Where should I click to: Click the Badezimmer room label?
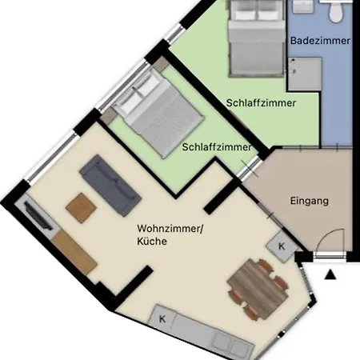coord(320,41)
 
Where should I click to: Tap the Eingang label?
coord(309,201)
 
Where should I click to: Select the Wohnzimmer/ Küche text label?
coord(170,234)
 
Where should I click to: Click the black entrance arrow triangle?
coord(330,274)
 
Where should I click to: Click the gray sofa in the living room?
coord(110,186)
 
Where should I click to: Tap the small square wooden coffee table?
coord(81,208)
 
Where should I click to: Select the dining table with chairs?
coord(258,289)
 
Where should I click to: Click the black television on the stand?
coord(38,215)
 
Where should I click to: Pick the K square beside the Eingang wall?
coord(282,246)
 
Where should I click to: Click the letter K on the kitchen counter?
coord(162,318)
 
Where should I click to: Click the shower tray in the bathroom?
coord(305,74)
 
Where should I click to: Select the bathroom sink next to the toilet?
coord(303,6)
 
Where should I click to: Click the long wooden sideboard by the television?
coord(74,253)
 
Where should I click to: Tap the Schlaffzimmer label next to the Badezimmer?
coord(261,103)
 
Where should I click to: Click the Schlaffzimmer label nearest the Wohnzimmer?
coord(217,147)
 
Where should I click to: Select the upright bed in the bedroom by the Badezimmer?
coord(256,38)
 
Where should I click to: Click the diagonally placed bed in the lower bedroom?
coord(158,113)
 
